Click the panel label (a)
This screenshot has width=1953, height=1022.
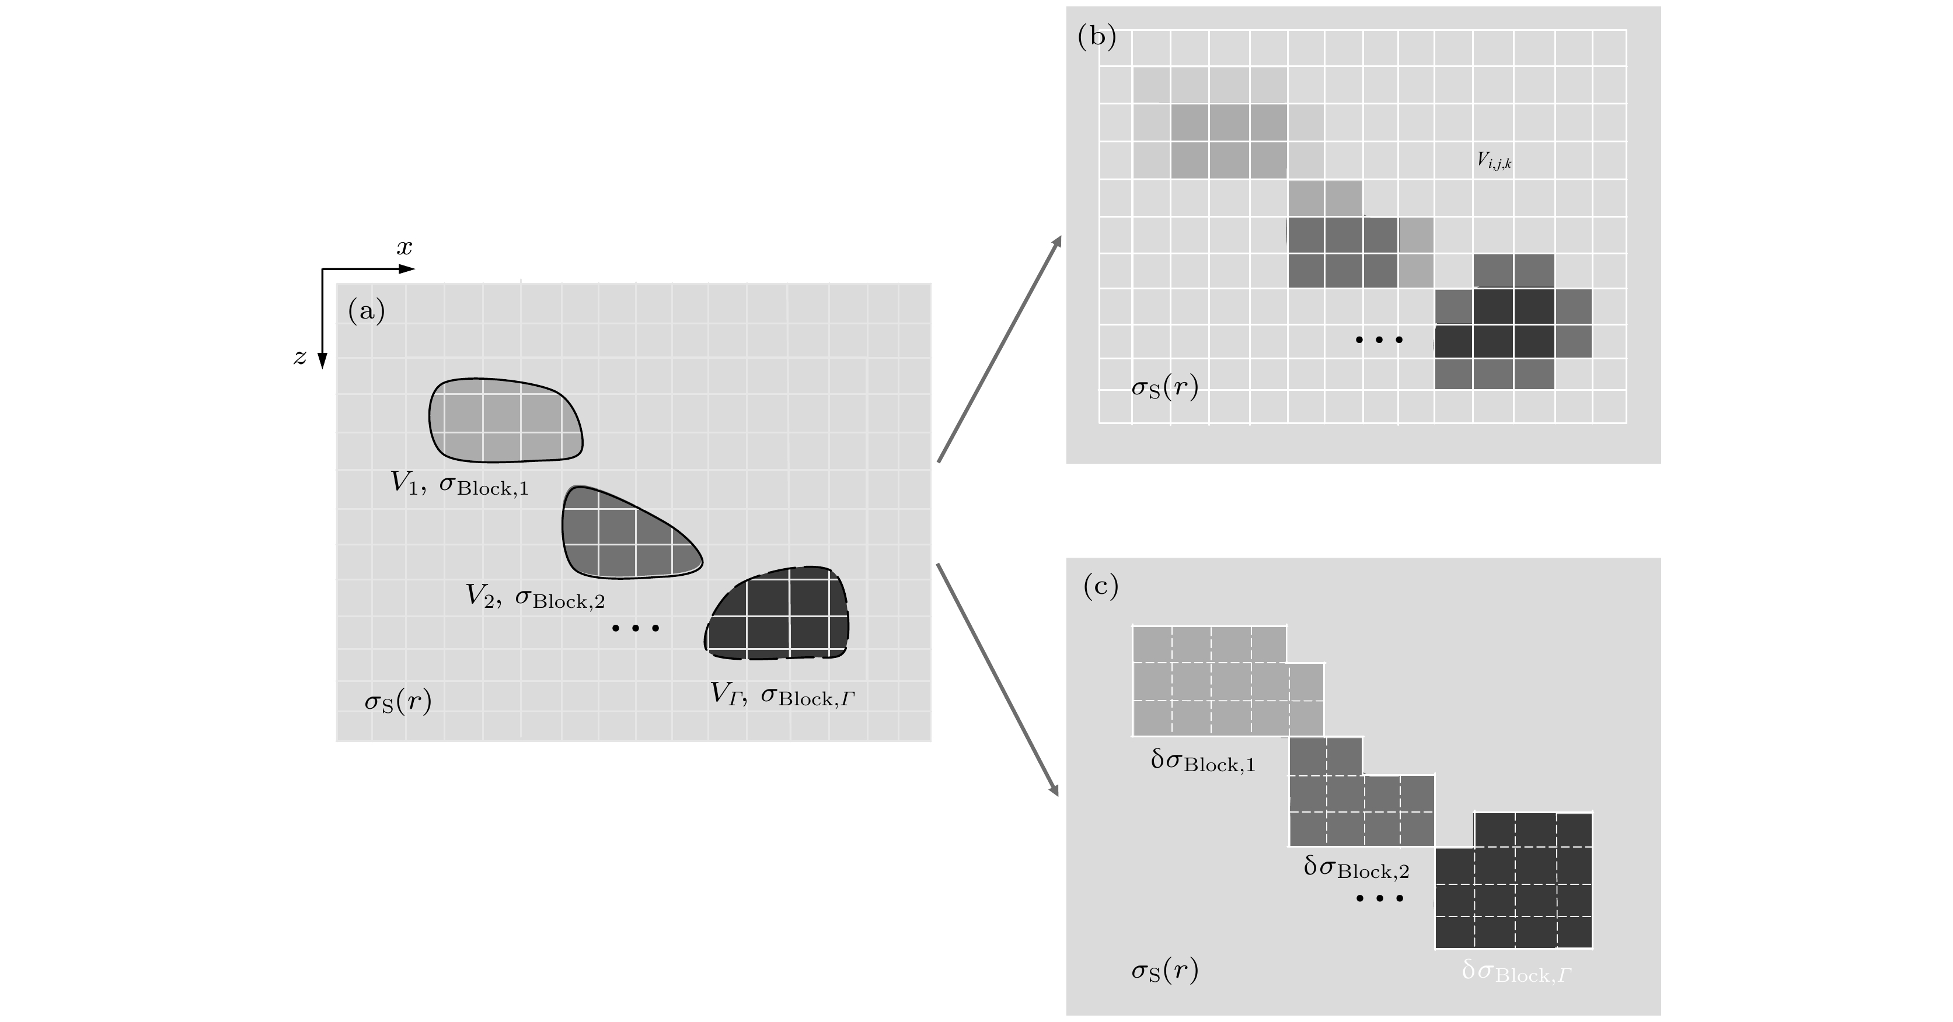tap(366, 310)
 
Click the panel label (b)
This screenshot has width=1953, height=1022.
tap(1096, 37)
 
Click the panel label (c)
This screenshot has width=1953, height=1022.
tap(1101, 586)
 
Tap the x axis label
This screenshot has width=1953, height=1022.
tap(404, 248)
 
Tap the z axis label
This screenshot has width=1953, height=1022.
tap(300, 357)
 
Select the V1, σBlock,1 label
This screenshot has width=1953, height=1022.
tap(459, 484)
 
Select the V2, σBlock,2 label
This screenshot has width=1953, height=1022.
tap(535, 597)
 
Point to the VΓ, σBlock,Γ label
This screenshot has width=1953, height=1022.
tap(782, 695)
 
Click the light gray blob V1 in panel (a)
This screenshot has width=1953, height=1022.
tap(505, 421)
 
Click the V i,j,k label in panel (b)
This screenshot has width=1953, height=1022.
tap(1494, 160)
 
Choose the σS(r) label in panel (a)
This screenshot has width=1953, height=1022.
tap(398, 702)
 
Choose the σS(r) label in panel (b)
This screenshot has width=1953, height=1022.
tap(1164, 388)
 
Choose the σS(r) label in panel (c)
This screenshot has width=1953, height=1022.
tap(1164, 971)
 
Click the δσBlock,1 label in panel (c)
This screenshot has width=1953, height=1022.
tap(1202, 761)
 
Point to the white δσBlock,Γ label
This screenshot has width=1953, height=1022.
tap(1516, 971)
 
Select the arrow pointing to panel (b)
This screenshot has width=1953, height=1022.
tap(999, 348)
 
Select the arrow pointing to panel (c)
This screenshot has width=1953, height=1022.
tap(998, 680)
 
